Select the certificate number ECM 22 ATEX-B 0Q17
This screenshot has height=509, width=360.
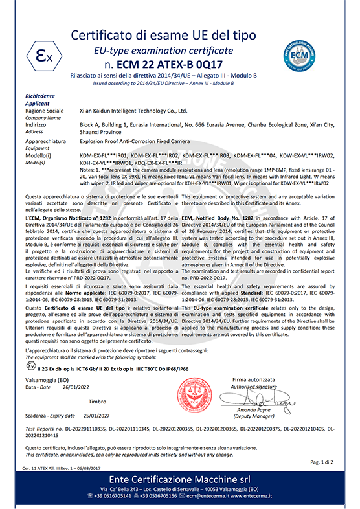180,65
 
